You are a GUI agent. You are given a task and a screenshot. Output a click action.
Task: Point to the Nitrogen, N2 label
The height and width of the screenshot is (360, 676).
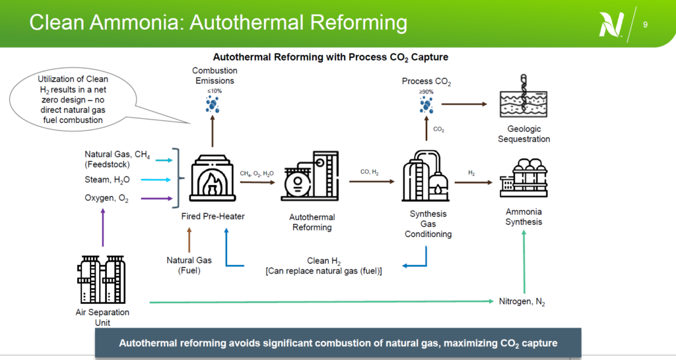point(522,302)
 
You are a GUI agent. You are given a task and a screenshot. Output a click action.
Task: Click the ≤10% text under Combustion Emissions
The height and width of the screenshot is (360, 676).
point(213,90)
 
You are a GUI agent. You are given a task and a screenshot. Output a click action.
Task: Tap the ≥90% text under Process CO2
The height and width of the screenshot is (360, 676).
point(426,91)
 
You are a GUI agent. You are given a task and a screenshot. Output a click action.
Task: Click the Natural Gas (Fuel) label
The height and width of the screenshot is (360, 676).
point(189,265)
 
